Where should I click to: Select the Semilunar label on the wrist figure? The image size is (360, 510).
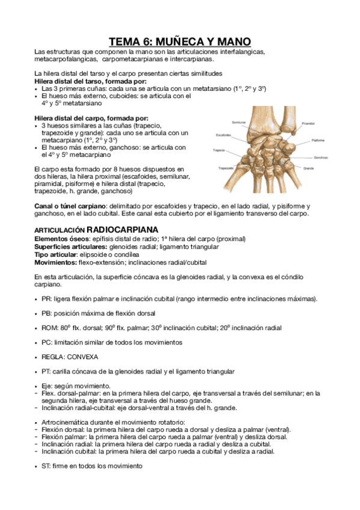222,121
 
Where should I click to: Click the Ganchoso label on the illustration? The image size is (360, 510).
319,158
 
